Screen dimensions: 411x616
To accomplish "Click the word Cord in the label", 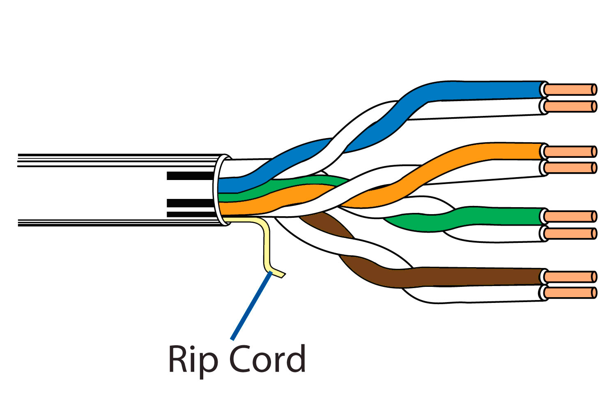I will coord(267,359).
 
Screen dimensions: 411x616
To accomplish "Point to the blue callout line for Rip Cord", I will coord(251,306).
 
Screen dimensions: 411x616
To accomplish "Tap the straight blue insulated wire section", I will coord(485,91).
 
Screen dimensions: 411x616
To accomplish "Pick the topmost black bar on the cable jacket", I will coord(190,176).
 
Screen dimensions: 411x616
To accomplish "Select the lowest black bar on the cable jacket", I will coord(190,214).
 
